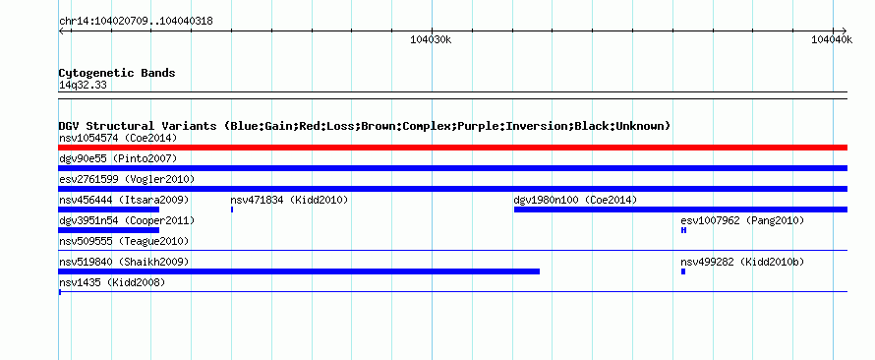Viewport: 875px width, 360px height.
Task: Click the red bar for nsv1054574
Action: (x=452, y=148)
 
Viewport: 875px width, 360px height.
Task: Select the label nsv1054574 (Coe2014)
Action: (x=118, y=138)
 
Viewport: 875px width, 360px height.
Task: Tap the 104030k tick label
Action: (x=431, y=39)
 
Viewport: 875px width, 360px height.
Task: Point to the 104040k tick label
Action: (x=832, y=39)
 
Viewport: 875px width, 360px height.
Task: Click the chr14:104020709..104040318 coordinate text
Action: (x=136, y=22)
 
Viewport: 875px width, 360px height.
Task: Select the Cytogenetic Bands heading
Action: (x=117, y=73)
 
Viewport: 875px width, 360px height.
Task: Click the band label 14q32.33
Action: (x=83, y=86)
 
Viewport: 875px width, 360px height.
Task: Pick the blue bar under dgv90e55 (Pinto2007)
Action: (x=452, y=168)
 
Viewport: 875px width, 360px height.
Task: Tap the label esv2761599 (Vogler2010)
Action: (x=127, y=179)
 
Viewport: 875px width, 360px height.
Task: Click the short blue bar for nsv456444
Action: (x=109, y=210)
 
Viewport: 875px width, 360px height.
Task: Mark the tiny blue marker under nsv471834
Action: (x=232, y=210)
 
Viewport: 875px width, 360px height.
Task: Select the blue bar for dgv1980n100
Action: (x=680, y=210)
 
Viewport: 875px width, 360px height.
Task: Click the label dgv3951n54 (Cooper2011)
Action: (x=127, y=220)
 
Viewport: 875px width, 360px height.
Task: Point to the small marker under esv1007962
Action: (x=683, y=230)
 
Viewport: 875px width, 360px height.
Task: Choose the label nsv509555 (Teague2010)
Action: (x=124, y=241)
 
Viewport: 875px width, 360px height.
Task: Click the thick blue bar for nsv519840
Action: (x=299, y=271)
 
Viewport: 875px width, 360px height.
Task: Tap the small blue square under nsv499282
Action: (x=683, y=271)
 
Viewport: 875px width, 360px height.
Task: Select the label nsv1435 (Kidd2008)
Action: (x=112, y=282)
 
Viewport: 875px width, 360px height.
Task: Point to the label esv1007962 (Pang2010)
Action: (x=742, y=220)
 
